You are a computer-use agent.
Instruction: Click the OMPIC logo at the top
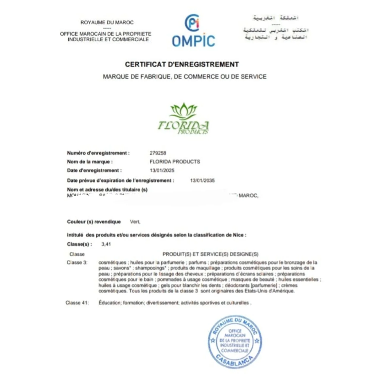(x=193, y=31)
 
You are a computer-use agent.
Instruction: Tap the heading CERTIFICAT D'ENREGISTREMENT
(x=182, y=64)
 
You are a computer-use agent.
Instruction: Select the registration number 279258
(x=158, y=153)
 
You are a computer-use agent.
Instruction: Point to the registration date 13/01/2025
(x=162, y=170)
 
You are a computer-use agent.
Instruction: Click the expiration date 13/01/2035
(x=202, y=181)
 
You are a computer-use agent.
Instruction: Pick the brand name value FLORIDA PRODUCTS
(x=175, y=162)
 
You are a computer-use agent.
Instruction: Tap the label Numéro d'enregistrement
(x=98, y=153)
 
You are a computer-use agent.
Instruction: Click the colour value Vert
(x=135, y=222)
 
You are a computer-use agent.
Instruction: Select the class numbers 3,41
(x=106, y=244)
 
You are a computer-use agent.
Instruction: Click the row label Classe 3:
(x=77, y=263)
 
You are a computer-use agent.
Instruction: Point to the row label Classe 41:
(x=77, y=303)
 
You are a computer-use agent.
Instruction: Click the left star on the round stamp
(x=213, y=341)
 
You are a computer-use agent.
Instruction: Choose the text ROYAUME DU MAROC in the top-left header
(x=107, y=22)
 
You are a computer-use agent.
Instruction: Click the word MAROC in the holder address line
(x=248, y=196)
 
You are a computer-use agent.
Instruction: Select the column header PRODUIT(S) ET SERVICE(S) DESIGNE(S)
(x=210, y=254)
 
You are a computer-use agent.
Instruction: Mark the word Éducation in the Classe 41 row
(x=110, y=303)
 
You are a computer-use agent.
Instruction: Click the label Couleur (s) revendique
(x=94, y=222)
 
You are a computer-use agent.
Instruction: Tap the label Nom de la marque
(x=90, y=162)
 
